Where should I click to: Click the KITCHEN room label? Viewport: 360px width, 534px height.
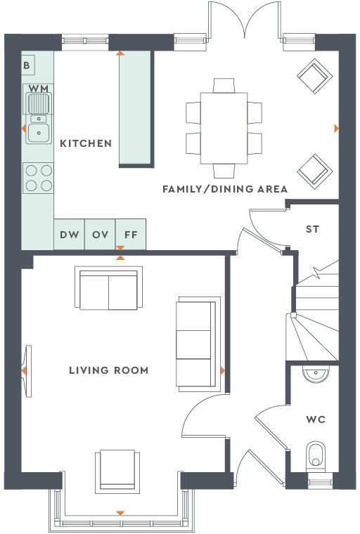click(x=86, y=143)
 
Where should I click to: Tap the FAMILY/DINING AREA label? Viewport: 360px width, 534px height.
click(x=225, y=189)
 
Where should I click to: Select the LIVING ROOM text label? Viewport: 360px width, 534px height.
click(x=108, y=370)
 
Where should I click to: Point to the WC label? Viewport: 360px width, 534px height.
click(x=316, y=419)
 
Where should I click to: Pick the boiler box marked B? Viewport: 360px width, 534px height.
click(x=27, y=65)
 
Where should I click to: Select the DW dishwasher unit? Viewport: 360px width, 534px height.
click(x=69, y=235)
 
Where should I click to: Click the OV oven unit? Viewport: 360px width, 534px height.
click(x=100, y=235)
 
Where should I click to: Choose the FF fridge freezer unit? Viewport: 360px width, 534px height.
click(x=131, y=235)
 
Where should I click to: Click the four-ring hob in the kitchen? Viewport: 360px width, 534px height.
click(x=38, y=177)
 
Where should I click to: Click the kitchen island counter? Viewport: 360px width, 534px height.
click(x=136, y=110)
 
